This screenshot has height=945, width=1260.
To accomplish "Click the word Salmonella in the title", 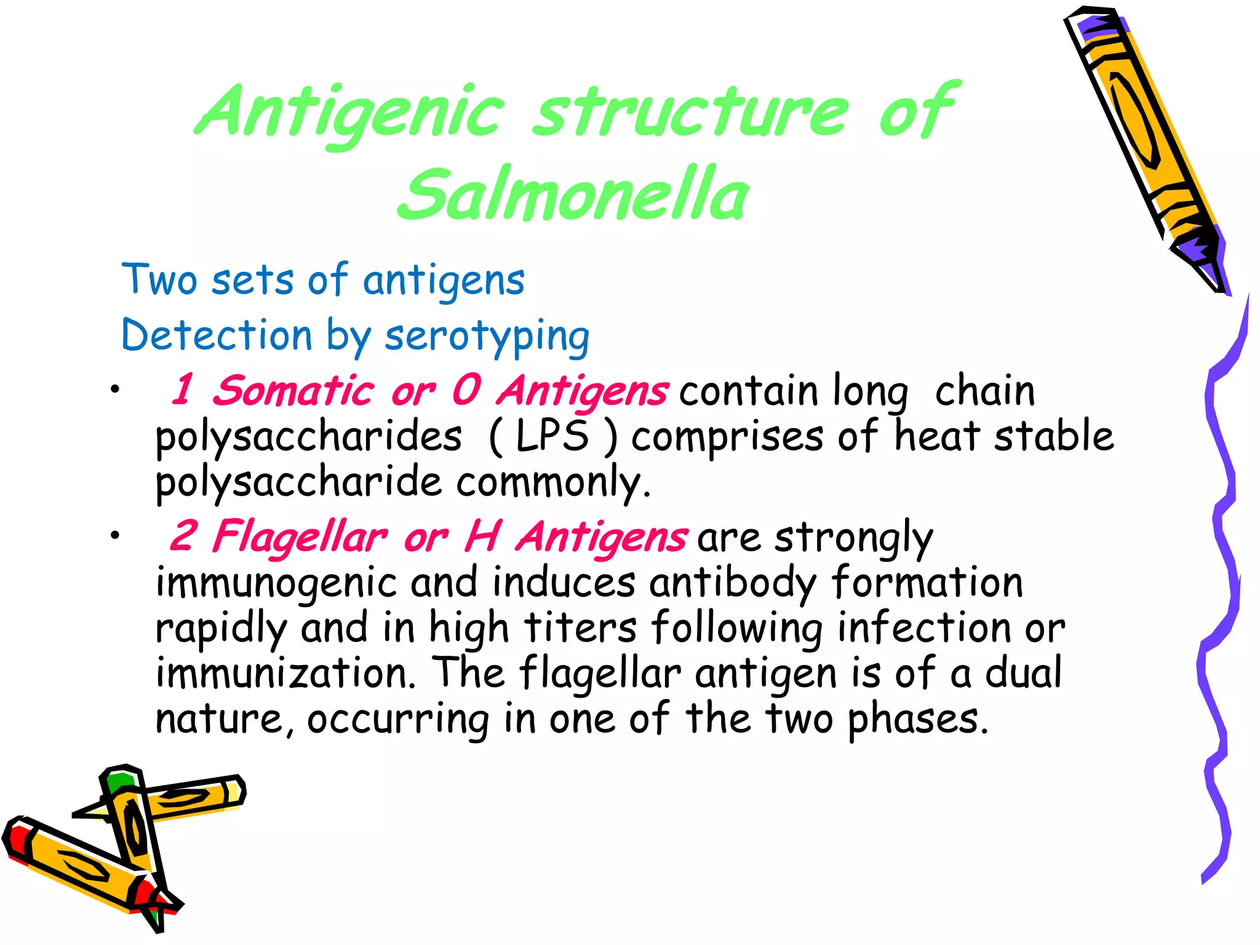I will (573, 194).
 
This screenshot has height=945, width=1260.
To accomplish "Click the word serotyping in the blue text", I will (487, 337).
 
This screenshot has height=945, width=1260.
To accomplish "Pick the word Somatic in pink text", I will (293, 391).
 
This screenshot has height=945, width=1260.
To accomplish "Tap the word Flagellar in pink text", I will (300, 536).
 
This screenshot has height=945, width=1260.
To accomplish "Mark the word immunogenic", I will (276, 582).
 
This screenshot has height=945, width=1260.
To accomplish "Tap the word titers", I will (580, 628).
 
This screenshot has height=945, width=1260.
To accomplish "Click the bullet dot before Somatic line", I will (114, 389).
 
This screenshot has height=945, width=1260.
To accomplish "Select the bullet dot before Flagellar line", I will (114, 536).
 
